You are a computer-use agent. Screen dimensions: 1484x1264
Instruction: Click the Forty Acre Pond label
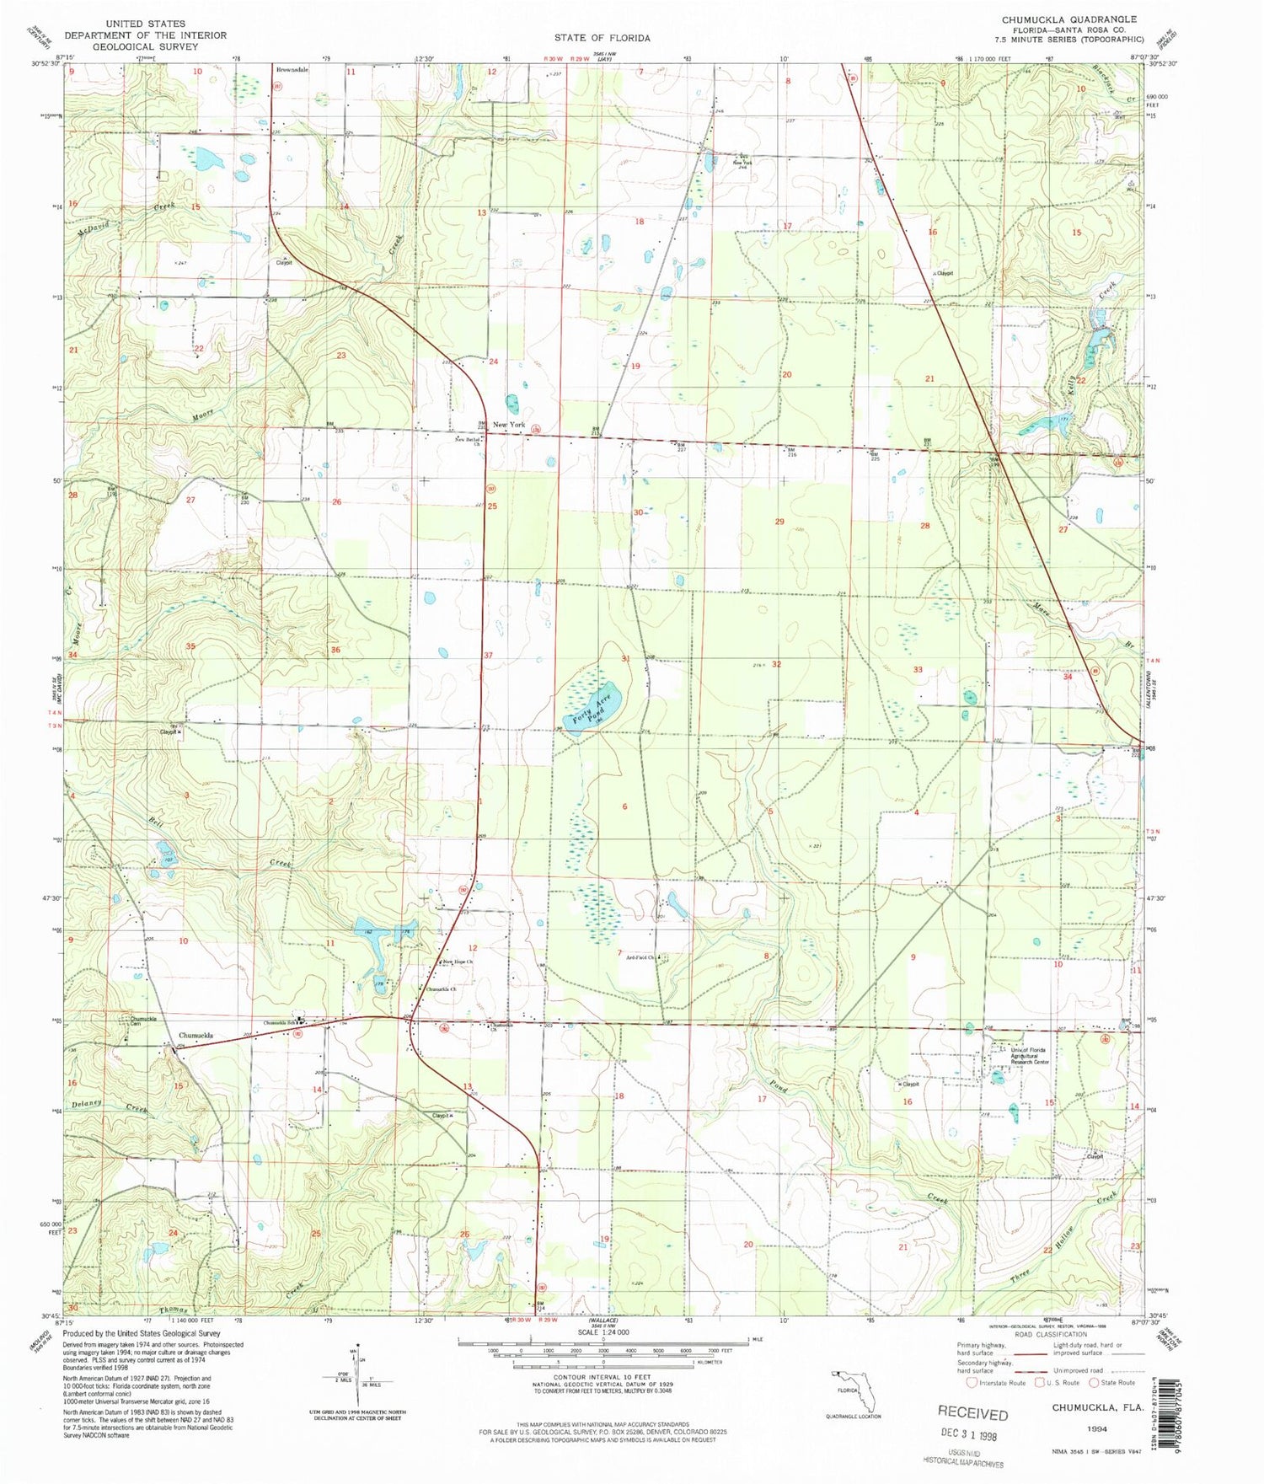point(588,709)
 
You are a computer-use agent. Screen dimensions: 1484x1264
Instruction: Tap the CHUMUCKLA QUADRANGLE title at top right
point(1069,19)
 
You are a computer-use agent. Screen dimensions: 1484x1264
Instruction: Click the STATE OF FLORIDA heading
point(602,38)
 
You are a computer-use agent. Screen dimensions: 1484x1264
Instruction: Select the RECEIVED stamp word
point(972,1414)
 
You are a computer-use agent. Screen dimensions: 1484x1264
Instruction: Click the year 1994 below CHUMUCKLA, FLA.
point(1096,1428)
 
